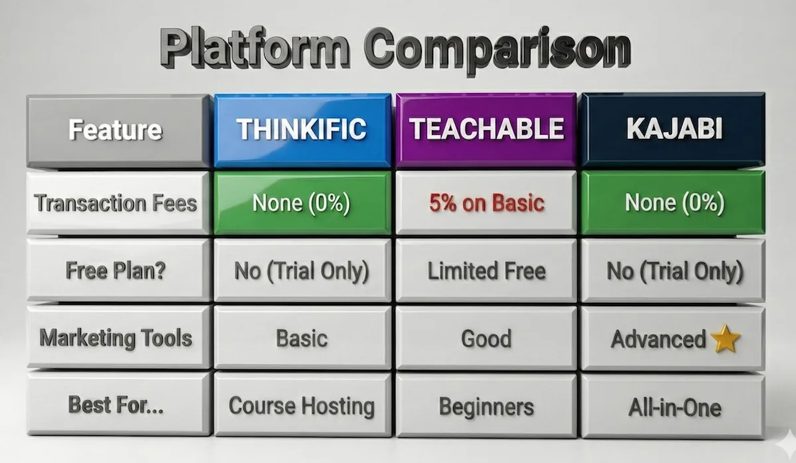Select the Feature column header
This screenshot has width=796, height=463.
coord(115,129)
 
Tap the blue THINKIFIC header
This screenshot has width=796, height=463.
coord(302,129)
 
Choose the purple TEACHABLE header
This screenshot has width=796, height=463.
coord(487,129)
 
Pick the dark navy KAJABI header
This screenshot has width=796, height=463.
coord(673,129)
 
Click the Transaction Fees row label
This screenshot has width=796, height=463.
coord(115,203)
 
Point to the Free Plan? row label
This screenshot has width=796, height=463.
coord(115,271)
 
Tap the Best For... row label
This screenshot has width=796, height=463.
coord(115,405)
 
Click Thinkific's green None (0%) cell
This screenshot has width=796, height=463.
coord(302,203)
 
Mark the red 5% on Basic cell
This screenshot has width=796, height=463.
coord(487,203)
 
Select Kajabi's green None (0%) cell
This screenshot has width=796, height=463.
coord(673,203)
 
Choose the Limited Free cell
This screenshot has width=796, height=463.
coord(487,271)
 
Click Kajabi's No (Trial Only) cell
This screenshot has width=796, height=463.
coord(673,271)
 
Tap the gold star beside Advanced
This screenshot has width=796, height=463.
coord(724,339)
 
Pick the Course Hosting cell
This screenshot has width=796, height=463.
coord(302,405)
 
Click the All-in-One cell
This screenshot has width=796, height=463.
coord(673,407)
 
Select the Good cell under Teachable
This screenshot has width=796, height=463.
coord(487,339)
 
